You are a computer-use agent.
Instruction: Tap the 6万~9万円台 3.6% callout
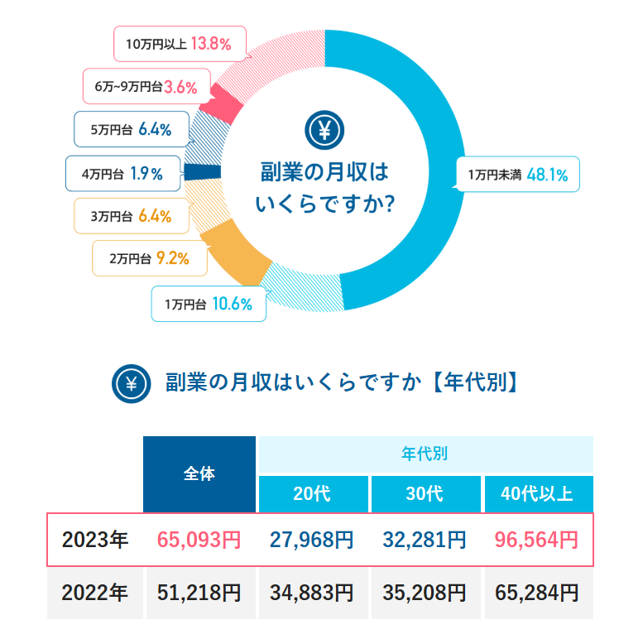(x=146, y=86)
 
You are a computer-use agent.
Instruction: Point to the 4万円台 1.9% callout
(x=122, y=174)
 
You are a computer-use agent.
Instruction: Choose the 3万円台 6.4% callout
(x=131, y=216)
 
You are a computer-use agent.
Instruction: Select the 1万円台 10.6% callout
(x=208, y=304)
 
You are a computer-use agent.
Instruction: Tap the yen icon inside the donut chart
(x=324, y=130)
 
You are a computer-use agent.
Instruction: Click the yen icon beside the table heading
(x=132, y=383)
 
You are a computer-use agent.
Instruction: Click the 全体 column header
(x=199, y=474)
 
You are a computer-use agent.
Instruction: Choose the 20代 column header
(x=312, y=494)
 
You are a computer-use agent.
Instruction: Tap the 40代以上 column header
(x=538, y=494)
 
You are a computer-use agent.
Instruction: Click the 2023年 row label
(x=95, y=541)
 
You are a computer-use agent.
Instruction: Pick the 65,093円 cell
(x=199, y=541)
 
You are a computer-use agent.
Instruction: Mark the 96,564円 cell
(x=538, y=541)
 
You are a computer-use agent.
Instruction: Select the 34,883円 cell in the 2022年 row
(x=312, y=593)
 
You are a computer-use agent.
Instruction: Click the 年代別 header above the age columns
(x=425, y=454)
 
